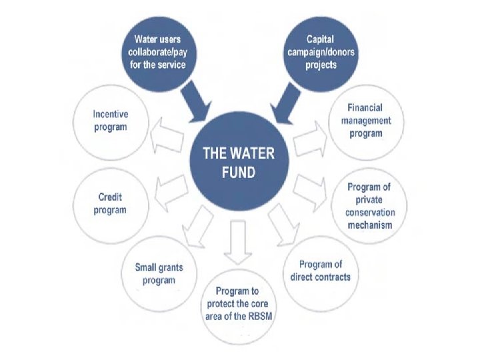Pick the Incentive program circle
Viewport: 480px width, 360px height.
coord(110,123)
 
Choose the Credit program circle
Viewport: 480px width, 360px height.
coord(110,203)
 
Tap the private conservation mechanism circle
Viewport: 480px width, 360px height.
coord(369,205)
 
